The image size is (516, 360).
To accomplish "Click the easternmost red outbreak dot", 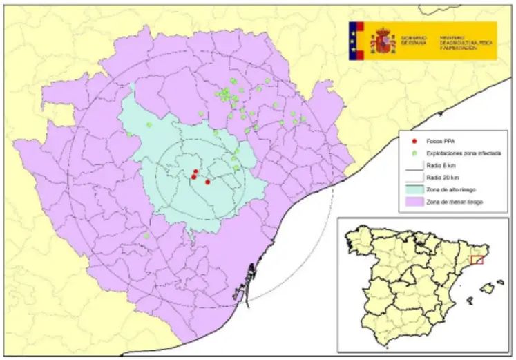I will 208,182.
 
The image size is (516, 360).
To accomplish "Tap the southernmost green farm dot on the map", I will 147,236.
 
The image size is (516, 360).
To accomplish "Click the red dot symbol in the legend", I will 413,140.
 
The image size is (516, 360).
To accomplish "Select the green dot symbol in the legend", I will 413,152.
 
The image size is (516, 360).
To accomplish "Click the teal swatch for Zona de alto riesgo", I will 413,189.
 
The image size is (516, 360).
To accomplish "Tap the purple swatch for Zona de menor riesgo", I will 413,202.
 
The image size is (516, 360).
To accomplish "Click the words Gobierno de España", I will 414,41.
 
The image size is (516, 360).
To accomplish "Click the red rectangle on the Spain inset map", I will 476,260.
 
